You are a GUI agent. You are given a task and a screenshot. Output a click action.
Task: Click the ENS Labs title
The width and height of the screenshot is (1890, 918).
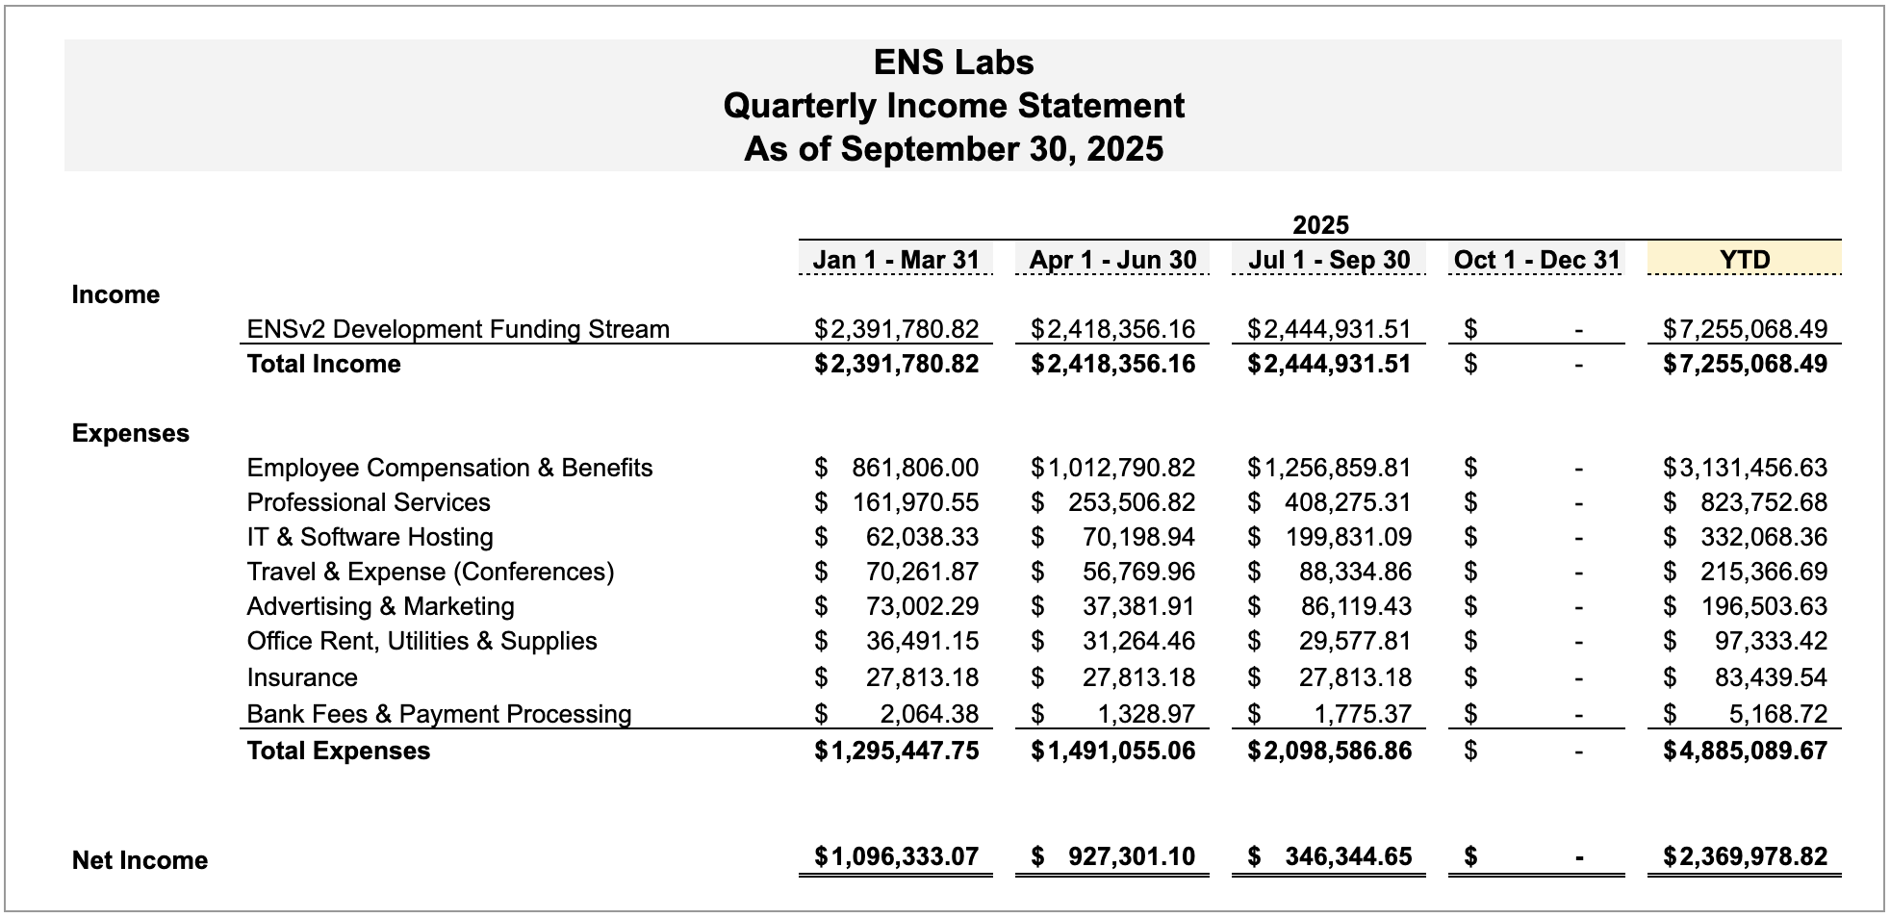point(953,63)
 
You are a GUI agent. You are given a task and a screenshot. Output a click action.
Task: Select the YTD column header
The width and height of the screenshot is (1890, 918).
point(1744,260)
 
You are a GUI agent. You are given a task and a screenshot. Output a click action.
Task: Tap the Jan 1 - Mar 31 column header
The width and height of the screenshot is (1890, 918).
point(895,260)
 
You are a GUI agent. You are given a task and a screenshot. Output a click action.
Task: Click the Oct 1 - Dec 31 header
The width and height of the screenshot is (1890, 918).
point(1537,260)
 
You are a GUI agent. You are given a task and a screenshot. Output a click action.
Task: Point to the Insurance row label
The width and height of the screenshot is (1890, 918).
point(302,677)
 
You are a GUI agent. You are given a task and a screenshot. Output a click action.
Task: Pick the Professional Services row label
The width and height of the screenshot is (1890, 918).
point(369,502)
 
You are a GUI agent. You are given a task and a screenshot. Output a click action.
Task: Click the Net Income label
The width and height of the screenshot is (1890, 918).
point(140,860)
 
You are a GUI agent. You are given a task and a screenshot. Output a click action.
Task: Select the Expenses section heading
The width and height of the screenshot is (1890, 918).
point(131,433)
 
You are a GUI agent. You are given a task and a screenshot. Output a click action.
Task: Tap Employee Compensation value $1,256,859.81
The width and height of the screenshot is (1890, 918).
point(1329,468)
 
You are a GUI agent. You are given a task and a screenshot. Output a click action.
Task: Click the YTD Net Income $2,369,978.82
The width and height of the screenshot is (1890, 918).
point(1745,856)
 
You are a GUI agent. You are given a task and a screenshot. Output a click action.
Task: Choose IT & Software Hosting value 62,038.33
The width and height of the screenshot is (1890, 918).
point(922,537)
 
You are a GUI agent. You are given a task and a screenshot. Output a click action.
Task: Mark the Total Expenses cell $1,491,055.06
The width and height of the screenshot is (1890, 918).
point(1112,751)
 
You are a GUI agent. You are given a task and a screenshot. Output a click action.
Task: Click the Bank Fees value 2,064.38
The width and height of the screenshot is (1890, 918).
point(929,714)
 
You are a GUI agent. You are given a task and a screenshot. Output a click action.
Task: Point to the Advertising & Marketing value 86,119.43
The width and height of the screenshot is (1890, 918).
point(1355,606)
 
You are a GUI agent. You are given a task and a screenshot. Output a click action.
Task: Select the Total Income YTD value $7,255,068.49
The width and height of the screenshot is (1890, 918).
point(1745,364)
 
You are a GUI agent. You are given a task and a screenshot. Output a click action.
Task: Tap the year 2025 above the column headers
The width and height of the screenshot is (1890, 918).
point(1320,225)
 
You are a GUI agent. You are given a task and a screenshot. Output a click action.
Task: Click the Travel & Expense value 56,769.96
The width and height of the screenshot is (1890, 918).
point(1138,572)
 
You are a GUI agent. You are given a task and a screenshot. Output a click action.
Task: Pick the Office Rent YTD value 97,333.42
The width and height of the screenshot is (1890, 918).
point(1771,641)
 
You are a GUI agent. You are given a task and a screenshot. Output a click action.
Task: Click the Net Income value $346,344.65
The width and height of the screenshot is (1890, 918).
point(1347,856)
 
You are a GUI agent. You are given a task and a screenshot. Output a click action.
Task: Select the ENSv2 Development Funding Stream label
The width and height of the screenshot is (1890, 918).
point(458,329)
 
